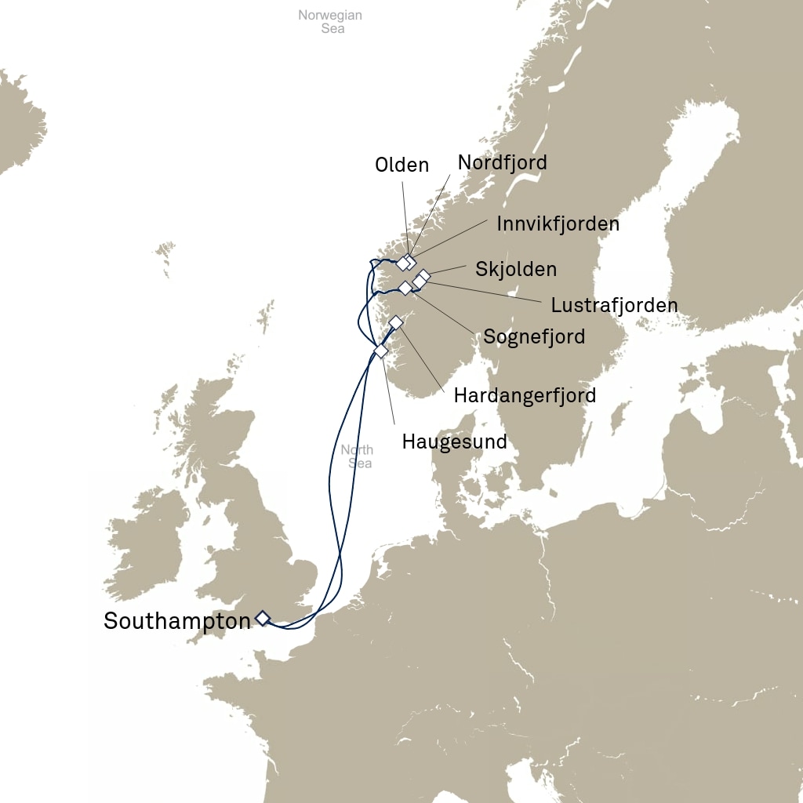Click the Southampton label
177,621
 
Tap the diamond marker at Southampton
262,619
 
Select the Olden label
401,165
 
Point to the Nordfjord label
502,162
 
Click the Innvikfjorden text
558,223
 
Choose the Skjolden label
516,269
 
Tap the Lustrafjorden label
614,305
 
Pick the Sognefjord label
534,337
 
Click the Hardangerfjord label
525,395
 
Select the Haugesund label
454,441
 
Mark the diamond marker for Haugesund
381,351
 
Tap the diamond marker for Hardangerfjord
396,322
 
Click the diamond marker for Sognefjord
405,288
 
